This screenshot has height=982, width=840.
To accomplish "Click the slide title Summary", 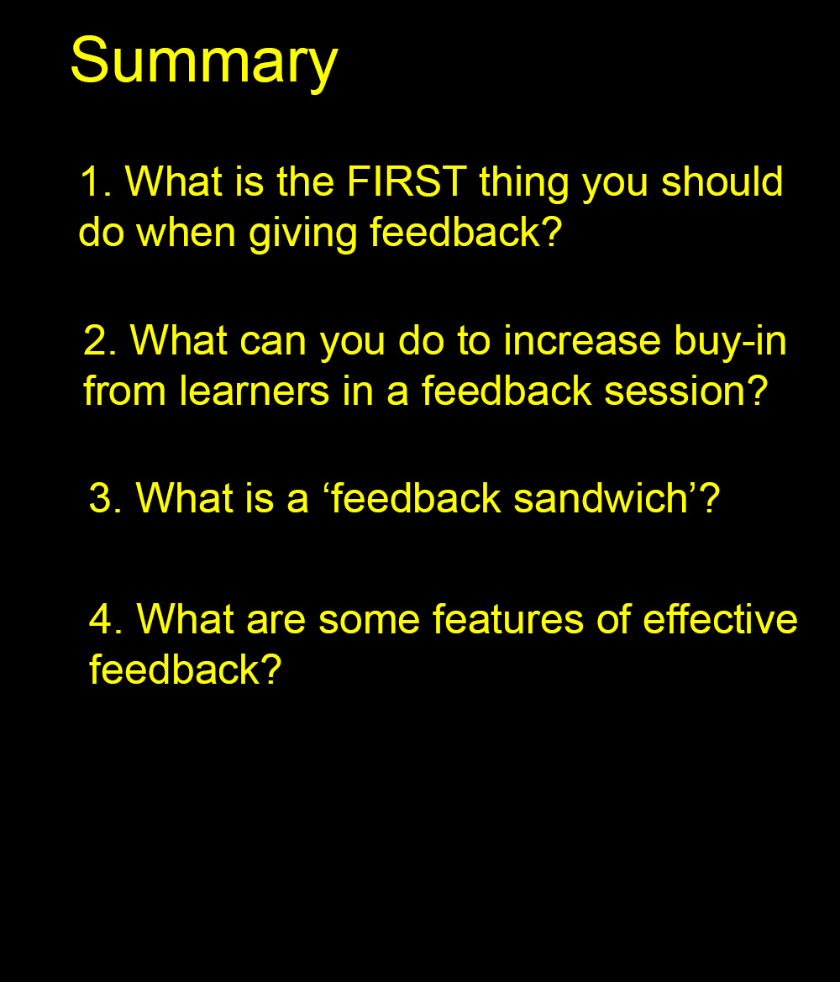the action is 204,62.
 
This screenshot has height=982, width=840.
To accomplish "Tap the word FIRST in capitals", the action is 407,181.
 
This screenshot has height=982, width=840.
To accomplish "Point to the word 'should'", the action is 722,181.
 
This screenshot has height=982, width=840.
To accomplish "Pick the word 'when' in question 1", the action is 186,231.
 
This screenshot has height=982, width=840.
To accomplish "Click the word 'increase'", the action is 582,340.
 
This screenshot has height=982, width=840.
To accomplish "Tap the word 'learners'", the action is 255,391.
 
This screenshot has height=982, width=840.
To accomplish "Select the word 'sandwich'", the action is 601,498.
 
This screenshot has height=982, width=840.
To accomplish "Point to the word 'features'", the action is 508,619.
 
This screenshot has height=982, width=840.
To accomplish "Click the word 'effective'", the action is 721,619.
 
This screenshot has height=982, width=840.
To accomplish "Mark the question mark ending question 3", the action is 711,498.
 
